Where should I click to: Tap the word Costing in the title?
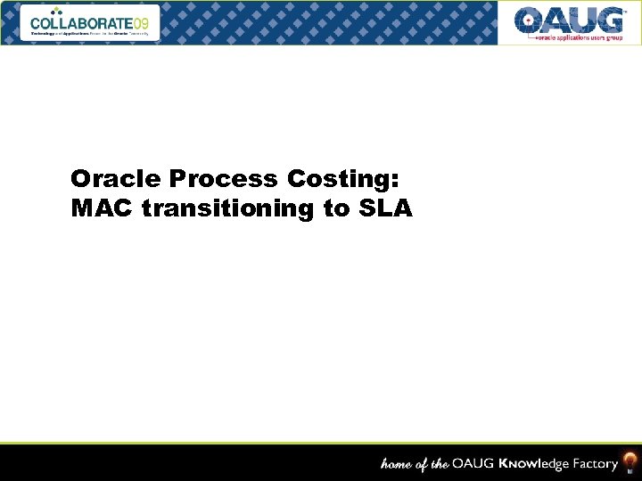tap(338, 179)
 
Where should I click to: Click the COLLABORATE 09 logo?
tap(95, 22)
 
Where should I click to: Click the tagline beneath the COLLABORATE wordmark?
tap(93, 33)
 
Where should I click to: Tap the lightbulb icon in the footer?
tap(630, 461)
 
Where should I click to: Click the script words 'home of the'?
tap(416, 463)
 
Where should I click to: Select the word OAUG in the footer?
tap(473, 463)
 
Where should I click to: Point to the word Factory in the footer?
tap(595, 463)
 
